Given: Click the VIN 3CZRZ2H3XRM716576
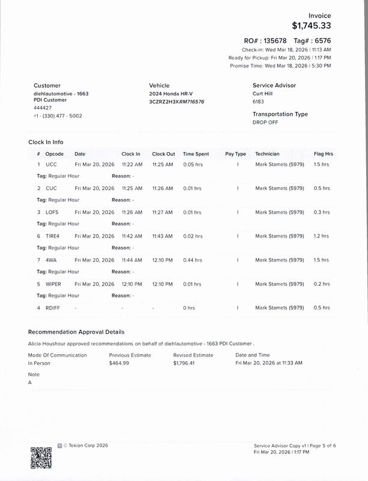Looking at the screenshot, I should tap(177, 102).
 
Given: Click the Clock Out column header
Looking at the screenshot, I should tap(164, 154).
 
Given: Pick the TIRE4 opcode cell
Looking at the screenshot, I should tap(54, 236).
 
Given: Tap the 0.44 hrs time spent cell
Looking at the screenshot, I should tap(193, 260).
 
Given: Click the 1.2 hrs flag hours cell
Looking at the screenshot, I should tap(322, 236).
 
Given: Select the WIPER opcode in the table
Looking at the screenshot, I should tap(54, 284).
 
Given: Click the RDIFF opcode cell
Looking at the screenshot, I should tap(53, 308).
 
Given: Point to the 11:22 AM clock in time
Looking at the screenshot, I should tap(132, 164).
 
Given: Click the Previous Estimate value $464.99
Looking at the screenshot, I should tap(119, 363).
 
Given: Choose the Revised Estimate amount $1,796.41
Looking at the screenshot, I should tap(185, 363).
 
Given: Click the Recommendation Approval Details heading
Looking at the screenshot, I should tap(76, 332).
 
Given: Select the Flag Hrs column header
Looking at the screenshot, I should tap(323, 154).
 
